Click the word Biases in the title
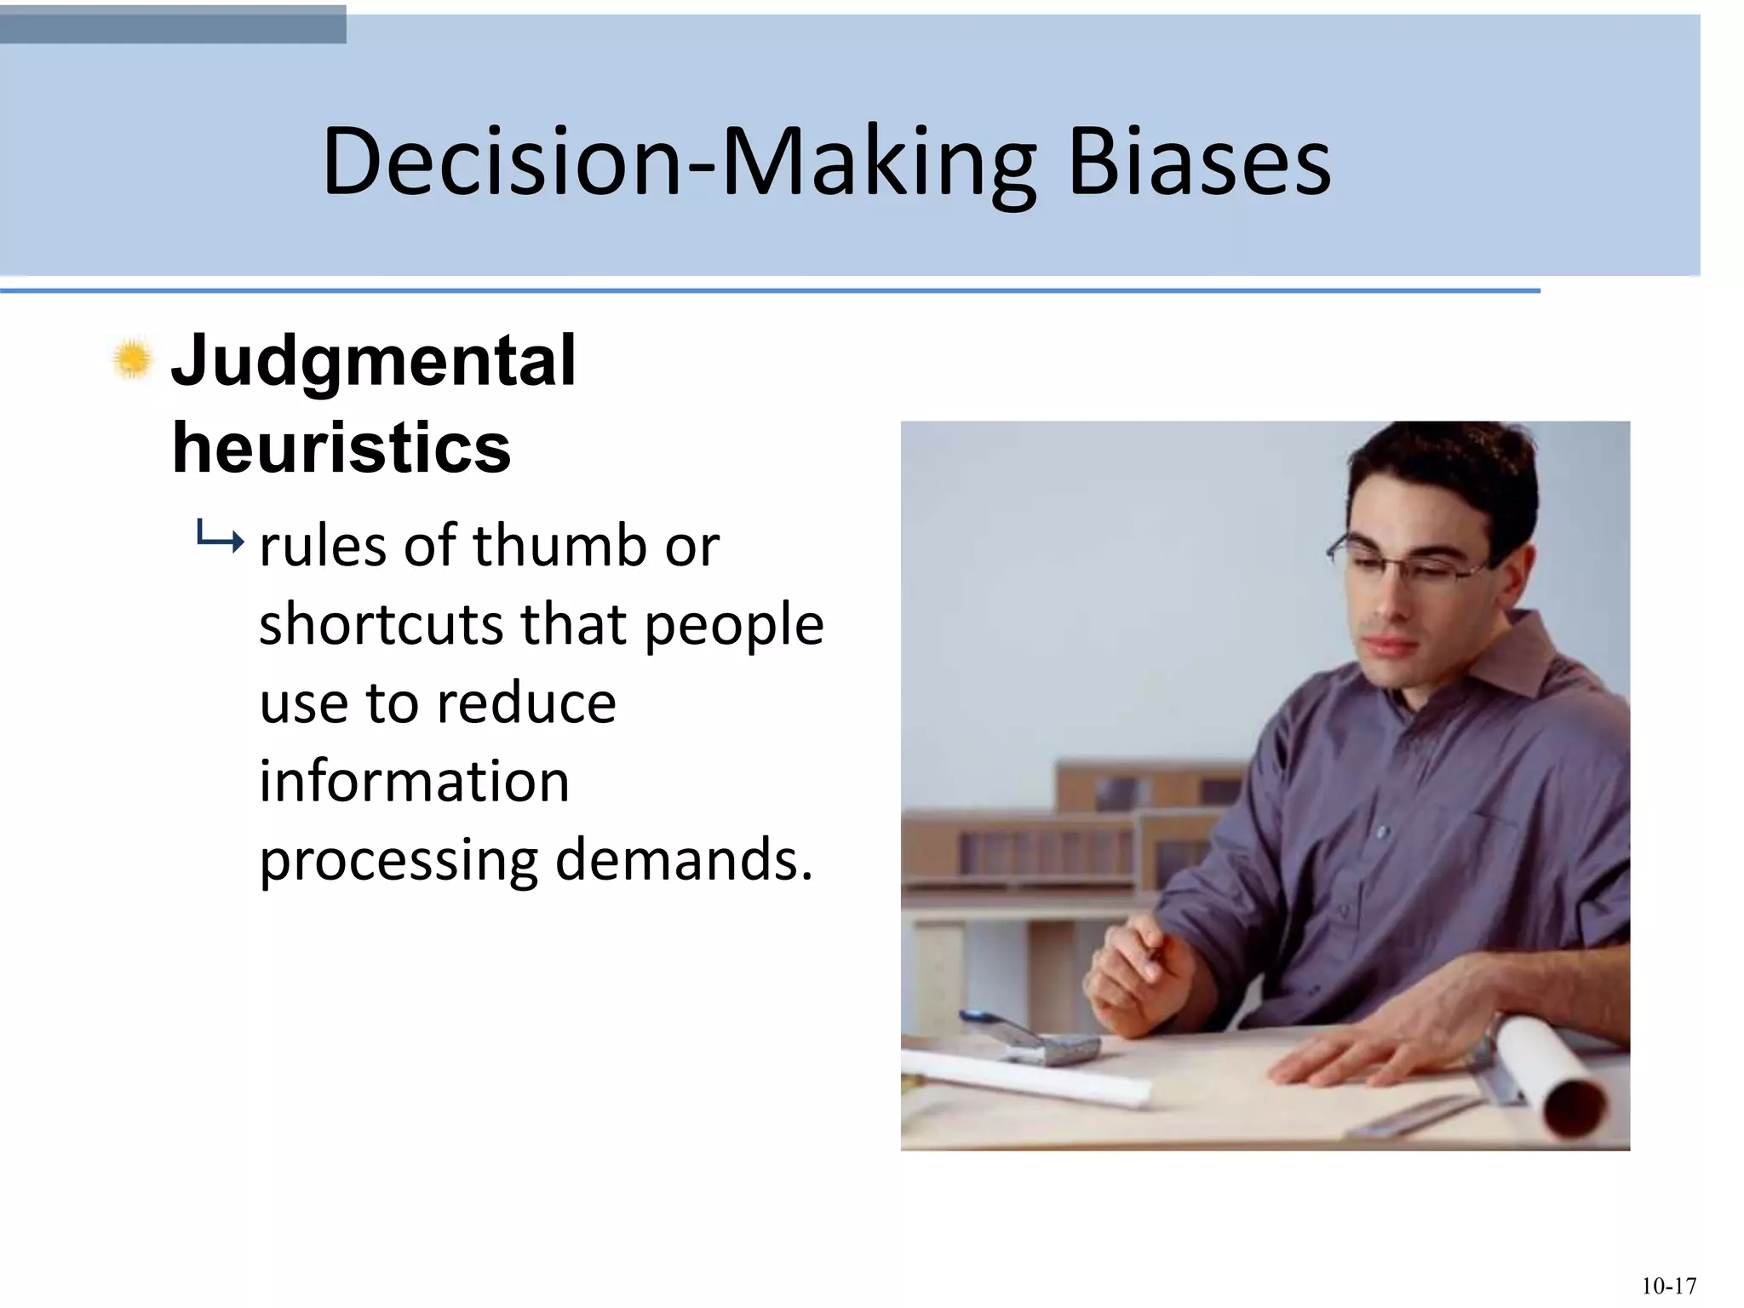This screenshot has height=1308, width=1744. pyautogui.click(x=1199, y=162)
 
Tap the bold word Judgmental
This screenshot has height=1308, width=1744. pyautogui.click(x=373, y=361)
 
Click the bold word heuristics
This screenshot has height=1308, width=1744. pyautogui.click(x=341, y=449)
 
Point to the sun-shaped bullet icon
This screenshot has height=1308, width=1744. pyautogui.click(x=132, y=359)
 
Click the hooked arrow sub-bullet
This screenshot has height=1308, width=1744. pyautogui.click(x=219, y=537)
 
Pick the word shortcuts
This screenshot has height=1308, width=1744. pyautogui.click(x=380, y=624)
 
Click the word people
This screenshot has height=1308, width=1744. pyautogui.click(x=734, y=626)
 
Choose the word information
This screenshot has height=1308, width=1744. pyautogui.click(x=414, y=781)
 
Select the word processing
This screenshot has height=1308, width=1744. pyautogui.click(x=399, y=860)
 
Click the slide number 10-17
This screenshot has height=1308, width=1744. pyautogui.click(x=1668, y=1285)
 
